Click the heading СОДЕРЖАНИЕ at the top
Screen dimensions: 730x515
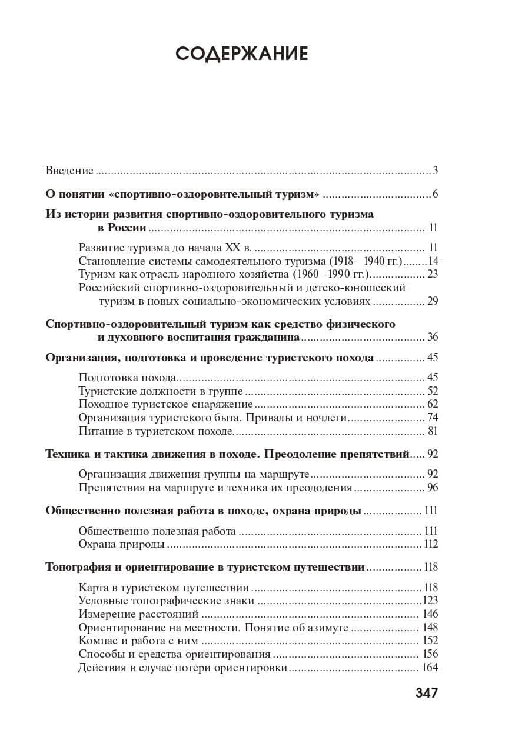242,54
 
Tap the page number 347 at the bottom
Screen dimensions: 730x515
427,692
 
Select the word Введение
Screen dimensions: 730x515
69,171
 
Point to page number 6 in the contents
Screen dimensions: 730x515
436,195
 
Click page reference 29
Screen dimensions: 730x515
433,302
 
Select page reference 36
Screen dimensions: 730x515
433,337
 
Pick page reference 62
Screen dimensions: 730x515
433,404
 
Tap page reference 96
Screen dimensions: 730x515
433,487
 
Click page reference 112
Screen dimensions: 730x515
431,544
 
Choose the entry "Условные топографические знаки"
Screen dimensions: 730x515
166,601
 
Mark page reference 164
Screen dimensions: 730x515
430,668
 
